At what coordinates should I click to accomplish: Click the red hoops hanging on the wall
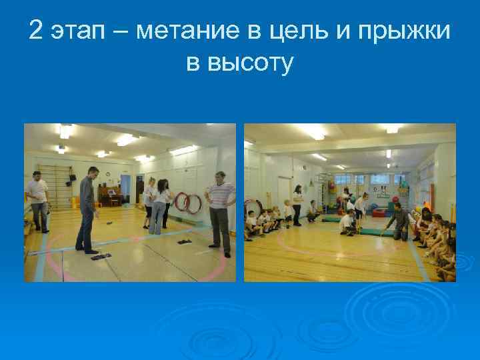pyautogui.click(x=187, y=203)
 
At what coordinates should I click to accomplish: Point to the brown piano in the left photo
pyautogui.click(x=111, y=195)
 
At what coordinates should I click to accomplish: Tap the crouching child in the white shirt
pyautogui.click(x=347, y=223)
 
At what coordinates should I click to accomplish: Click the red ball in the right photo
pyautogui.click(x=394, y=200)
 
